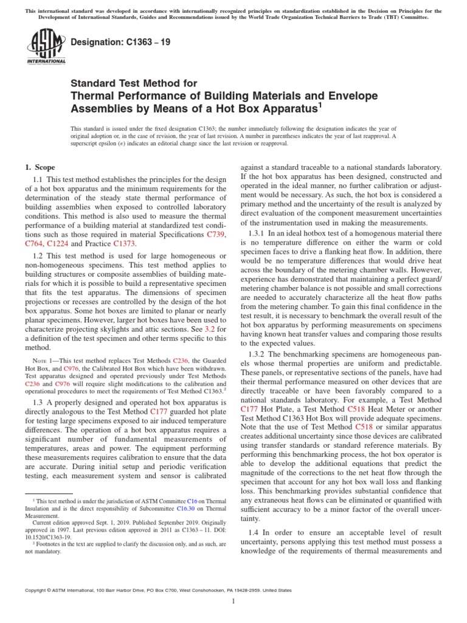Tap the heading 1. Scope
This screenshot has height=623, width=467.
39,167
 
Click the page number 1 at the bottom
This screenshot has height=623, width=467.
233,602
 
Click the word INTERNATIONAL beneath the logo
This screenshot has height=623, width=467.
46,61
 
